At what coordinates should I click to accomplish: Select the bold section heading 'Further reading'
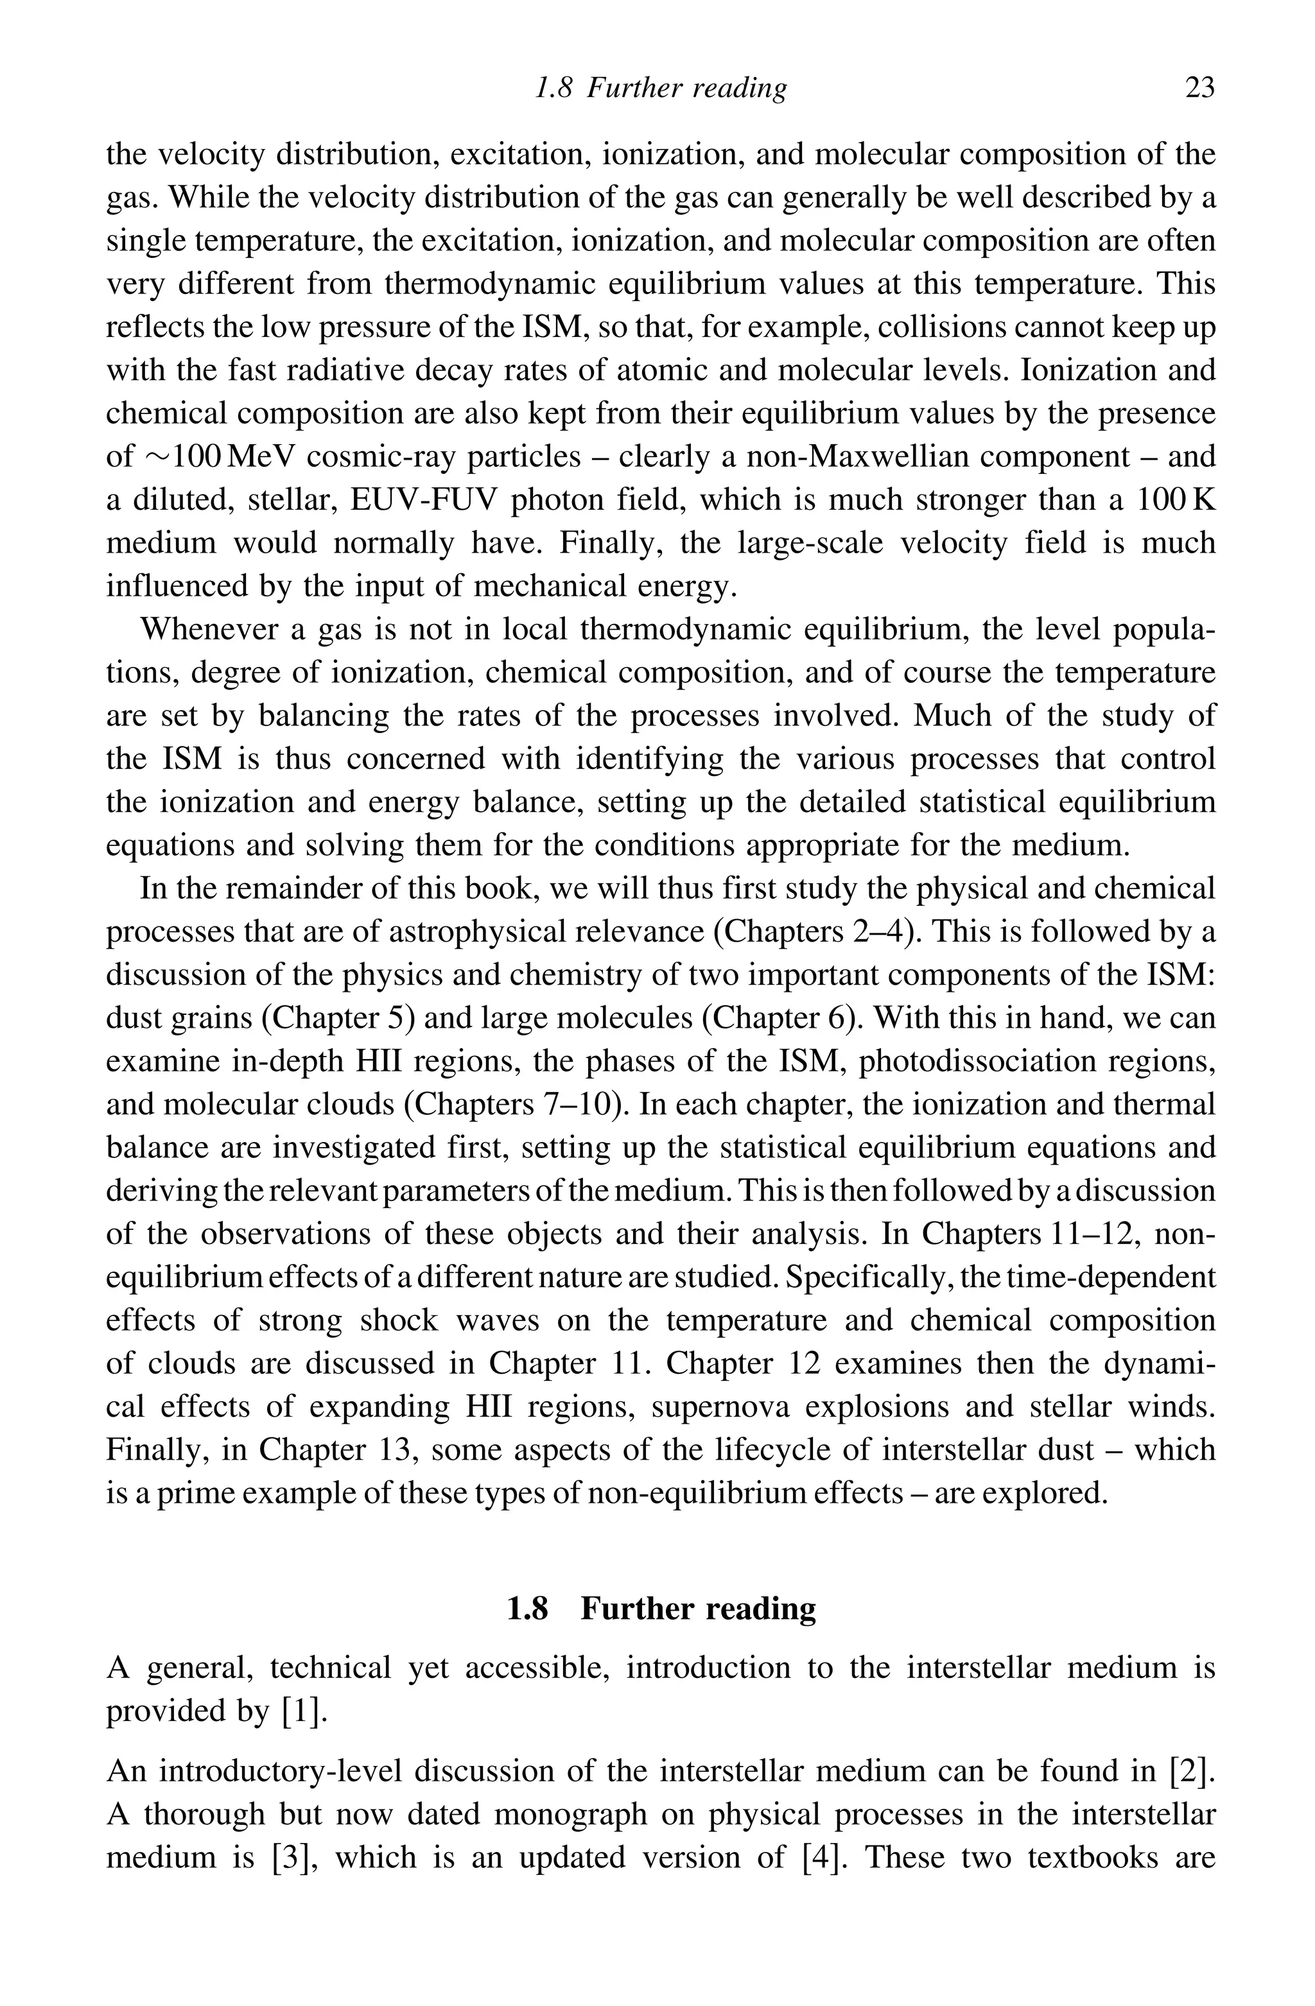coord(698,1609)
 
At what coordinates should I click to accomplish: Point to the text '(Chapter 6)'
coord(781,1018)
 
